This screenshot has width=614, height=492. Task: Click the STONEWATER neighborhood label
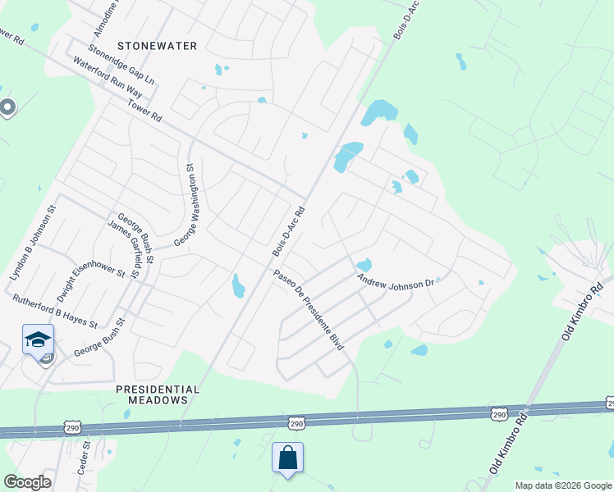158,46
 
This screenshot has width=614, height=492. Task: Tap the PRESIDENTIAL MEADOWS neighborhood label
158,394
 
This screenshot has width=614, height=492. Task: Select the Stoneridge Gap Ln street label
121,66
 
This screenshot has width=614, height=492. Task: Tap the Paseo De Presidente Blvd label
308,311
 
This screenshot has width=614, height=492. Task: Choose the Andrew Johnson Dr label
395,282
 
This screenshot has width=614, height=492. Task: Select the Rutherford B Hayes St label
54,311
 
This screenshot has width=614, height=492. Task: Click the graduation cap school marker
38,339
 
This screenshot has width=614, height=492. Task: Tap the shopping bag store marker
288,457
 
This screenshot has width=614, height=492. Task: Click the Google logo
27,482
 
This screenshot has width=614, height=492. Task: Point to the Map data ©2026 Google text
563,485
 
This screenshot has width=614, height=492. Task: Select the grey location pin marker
7,107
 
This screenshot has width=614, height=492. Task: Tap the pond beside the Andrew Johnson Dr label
364,265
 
